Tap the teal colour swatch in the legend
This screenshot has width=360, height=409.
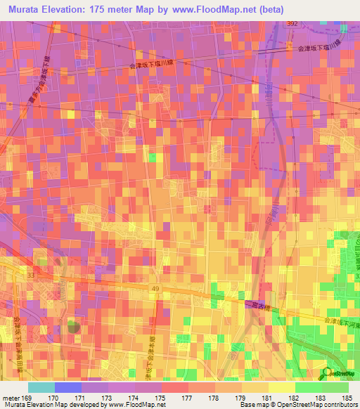pyautogui.click(x=41, y=387)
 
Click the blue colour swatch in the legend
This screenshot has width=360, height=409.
pyautogui.click(x=67, y=387)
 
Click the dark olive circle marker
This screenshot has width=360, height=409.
pyautogui.click(x=73, y=325)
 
